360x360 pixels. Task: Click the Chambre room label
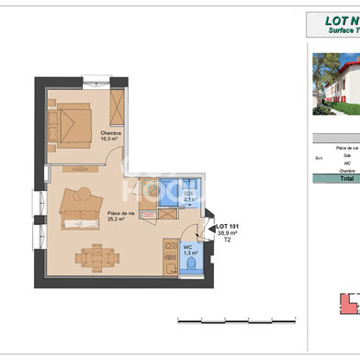[110, 133]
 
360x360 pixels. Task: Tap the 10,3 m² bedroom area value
[110, 141]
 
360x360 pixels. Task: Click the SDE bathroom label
[186, 193]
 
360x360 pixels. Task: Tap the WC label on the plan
[187, 245]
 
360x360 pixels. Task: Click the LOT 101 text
[227, 226]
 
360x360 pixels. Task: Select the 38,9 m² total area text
[227, 233]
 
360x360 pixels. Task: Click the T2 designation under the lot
[227, 241]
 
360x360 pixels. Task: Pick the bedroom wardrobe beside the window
[117, 107]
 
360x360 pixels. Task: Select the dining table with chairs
[96, 257]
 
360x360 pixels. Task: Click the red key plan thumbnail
[347, 328]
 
